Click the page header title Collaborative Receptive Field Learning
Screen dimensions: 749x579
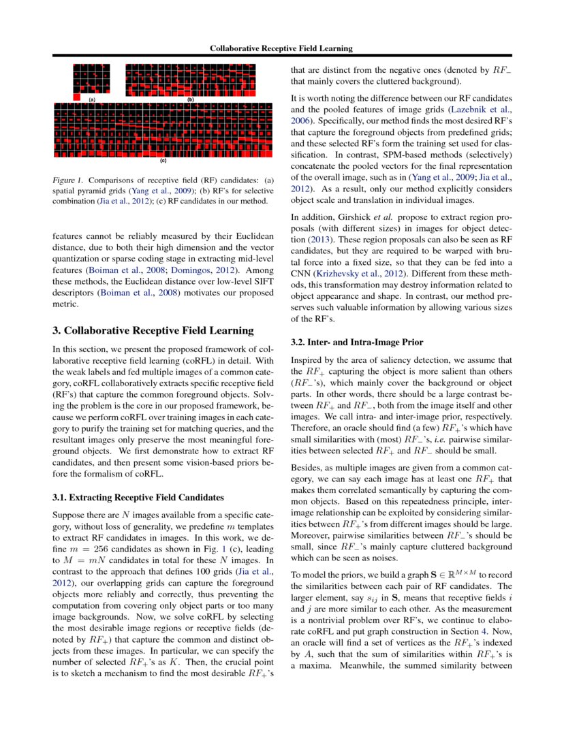pyautogui.click(x=281, y=48)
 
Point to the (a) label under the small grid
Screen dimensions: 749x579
pyautogui.click(x=91, y=99)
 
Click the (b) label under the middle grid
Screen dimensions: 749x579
pyautogui.click(x=191, y=99)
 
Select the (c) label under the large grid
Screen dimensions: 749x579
pyautogui.click(x=163, y=161)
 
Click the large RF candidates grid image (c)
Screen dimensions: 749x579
pyautogui.click(x=163, y=129)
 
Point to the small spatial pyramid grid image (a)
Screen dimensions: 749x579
pyautogui.click(x=91, y=80)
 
